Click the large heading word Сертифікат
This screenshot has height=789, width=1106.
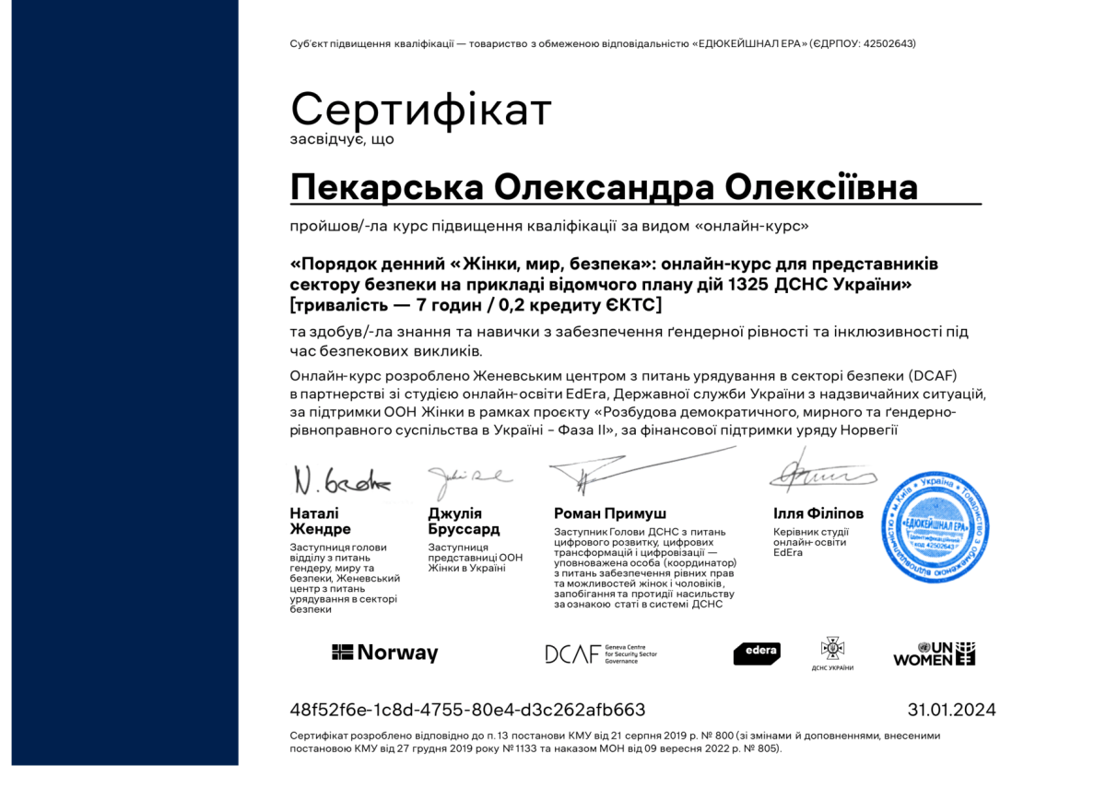click(x=421, y=110)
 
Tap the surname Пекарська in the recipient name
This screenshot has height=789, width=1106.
click(x=386, y=187)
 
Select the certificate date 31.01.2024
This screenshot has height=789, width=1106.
click(x=951, y=710)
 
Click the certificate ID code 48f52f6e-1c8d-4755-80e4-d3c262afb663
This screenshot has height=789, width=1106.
click(x=467, y=710)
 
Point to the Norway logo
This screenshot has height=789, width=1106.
click(x=384, y=653)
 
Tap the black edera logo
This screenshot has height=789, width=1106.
click(x=757, y=653)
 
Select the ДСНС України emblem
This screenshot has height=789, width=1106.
click(x=832, y=653)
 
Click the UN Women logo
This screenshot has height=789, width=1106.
click(x=934, y=654)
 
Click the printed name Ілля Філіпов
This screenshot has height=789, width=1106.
click(x=818, y=513)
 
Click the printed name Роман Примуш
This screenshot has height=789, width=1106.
click(x=610, y=513)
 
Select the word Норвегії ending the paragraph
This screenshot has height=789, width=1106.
click(x=870, y=429)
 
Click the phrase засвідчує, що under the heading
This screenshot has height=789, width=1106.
click(x=342, y=139)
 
